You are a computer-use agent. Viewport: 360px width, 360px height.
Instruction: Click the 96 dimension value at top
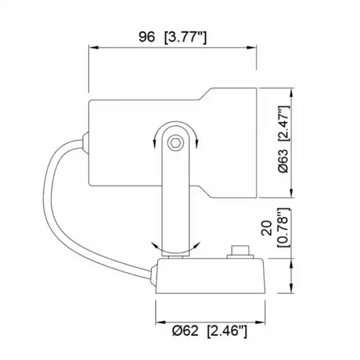pyautogui.click(x=146, y=37)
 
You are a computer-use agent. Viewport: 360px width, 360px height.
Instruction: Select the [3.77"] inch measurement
pyautogui.click(x=185, y=37)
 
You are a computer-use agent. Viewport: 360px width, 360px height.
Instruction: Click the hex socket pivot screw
pyautogui.click(x=175, y=144)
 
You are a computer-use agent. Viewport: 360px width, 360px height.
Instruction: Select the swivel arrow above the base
pyautogui.click(x=175, y=247)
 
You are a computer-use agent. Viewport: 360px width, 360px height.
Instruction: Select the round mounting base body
pyautogui.click(x=211, y=277)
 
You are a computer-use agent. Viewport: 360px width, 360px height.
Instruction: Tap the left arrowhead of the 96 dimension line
pyautogui.click(x=91, y=46)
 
